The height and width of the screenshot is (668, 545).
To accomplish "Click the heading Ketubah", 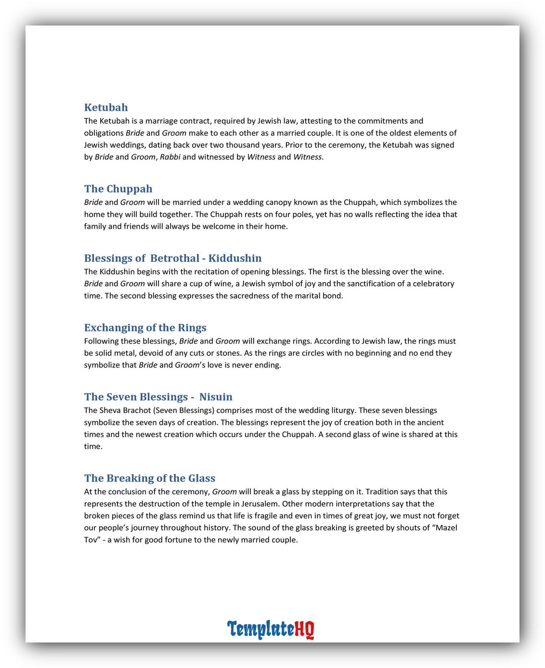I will tap(106, 107).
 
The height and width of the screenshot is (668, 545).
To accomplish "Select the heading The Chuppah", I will tap(118, 189).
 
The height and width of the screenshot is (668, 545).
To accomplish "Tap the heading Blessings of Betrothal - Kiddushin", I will tap(173, 258).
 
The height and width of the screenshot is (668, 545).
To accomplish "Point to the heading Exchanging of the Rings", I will tap(145, 327).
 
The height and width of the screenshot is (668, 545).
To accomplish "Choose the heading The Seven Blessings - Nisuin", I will tap(158, 397).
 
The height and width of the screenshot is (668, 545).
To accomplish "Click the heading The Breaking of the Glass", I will tap(150, 478).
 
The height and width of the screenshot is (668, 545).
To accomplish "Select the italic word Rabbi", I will tap(170, 156).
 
